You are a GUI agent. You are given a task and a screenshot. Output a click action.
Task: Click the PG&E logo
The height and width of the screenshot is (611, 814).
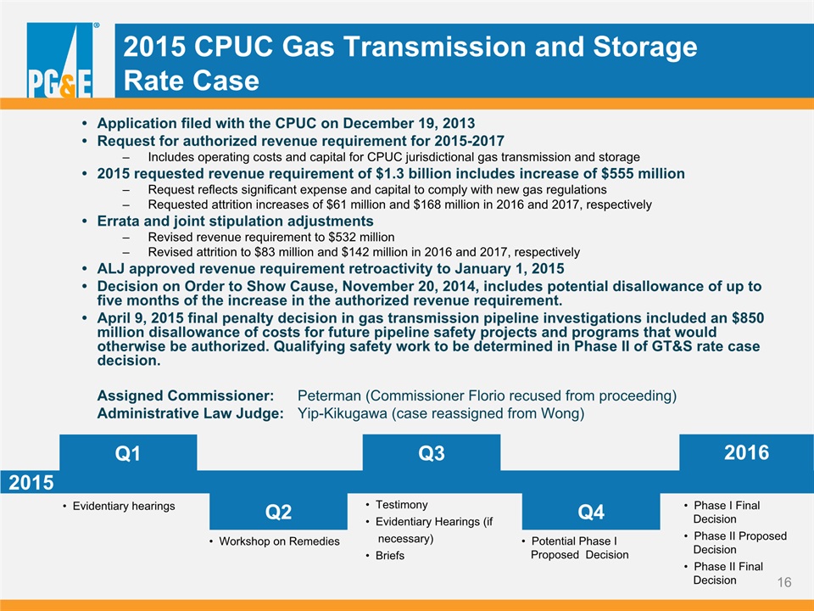click(x=60, y=59)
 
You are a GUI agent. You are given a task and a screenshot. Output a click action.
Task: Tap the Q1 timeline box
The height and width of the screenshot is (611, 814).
click(x=128, y=452)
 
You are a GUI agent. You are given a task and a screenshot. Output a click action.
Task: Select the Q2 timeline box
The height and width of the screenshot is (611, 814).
click(x=278, y=511)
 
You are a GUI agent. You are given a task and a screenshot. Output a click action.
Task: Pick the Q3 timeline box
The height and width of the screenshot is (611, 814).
click(x=432, y=452)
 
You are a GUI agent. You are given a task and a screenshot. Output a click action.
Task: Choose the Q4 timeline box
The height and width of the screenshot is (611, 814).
click(x=591, y=511)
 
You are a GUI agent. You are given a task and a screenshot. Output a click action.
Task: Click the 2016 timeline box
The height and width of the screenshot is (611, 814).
click(x=746, y=452)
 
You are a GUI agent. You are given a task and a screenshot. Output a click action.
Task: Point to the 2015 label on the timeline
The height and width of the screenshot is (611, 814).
click(x=31, y=483)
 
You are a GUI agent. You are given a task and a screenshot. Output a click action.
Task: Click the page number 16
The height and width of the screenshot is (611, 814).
click(x=783, y=582)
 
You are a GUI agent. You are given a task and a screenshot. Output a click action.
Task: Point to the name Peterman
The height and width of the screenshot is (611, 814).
click(x=329, y=396)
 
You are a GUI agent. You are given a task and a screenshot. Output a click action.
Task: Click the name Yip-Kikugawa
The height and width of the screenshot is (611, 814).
click(x=342, y=413)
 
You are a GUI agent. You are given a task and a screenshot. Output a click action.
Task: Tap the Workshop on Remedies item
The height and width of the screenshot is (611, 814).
click(x=279, y=541)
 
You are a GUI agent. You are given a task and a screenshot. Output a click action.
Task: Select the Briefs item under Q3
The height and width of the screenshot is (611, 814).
click(x=390, y=555)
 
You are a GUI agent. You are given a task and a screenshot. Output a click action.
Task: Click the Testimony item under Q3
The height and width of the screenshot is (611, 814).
click(x=402, y=504)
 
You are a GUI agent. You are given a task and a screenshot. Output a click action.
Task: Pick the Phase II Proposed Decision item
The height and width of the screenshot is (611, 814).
click(x=739, y=542)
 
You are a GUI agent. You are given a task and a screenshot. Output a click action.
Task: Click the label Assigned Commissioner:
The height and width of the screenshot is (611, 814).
click(x=186, y=396)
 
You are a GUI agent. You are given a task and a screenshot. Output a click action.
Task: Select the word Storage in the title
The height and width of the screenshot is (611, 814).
click(x=644, y=47)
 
